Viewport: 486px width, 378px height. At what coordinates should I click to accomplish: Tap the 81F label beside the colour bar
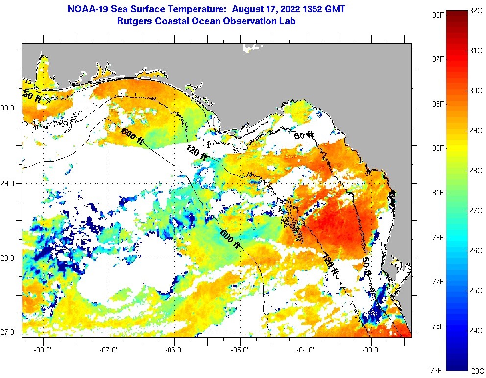tap(437, 193)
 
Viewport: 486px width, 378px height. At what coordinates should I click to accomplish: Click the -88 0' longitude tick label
tap(44, 350)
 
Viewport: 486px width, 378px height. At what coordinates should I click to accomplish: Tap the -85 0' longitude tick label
tap(241, 350)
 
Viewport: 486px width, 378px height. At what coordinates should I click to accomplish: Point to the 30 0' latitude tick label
tap(10, 108)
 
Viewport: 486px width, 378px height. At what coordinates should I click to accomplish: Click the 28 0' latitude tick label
tap(10, 258)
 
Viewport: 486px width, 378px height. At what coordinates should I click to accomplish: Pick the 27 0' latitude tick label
tap(10, 332)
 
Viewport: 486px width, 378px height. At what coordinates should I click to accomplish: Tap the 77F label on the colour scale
tap(437, 282)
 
